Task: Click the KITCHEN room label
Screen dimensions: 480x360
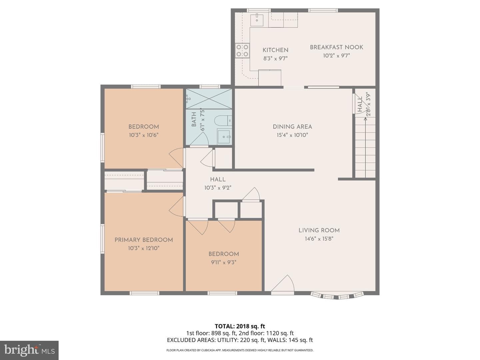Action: [275, 50]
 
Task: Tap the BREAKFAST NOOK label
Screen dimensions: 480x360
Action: [336, 47]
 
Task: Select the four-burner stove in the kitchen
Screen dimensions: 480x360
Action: [242, 50]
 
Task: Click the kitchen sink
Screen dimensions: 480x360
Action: [257, 20]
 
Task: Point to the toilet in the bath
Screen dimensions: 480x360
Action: [223, 121]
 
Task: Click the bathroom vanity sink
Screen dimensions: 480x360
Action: [224, 136]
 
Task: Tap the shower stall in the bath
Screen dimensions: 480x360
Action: [209, 99]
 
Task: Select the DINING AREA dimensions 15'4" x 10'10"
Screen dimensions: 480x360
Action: [292, 135]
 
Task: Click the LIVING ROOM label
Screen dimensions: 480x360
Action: [319, 230]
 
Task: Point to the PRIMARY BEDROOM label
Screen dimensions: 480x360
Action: [144, 240]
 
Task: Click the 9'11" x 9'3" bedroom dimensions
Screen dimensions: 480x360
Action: [223, 262]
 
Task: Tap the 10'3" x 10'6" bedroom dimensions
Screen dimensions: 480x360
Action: [144, 135]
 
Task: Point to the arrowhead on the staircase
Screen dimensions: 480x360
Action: [365, 119]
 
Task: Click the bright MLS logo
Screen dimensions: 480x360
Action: [29, 350]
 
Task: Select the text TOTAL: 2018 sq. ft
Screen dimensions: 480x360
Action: [240, 326]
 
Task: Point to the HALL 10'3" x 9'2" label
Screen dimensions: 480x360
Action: [218, 183]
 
